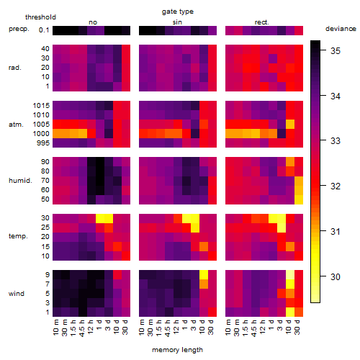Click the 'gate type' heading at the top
[x=178, y=12]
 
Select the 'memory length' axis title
[x=177, y=350]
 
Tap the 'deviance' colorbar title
[x=341, y=29]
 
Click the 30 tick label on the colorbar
[x=336, y=277]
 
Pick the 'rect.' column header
[x=261, y=22]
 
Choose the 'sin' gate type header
[x=177, y=22]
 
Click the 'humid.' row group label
[x=20, y=181]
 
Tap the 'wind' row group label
[x=17, y=294]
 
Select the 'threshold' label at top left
[x=40, y=17]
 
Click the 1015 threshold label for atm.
[x=41, y=106]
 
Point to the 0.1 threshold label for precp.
[x=44, y=30]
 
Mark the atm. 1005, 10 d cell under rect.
[x=290, y=124]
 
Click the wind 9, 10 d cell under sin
[x=204, y=274]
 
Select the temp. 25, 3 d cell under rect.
[x=282, y=228]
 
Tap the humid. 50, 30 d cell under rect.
[x=299, y=199]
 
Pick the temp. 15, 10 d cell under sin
[x=204, y=246]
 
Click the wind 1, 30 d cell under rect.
[x=299, y=312]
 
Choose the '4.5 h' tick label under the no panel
[x=82, y=328]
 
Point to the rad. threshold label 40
[x=45, y=49]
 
